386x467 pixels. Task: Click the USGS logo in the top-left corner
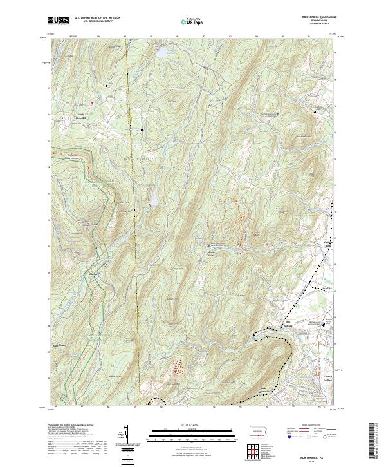click(x=59, y=21)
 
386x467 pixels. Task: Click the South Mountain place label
click(x=80, y=118)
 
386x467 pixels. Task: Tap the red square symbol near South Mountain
click(x=92, y=103)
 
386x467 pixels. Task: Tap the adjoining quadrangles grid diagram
click(x=260, y=448)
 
